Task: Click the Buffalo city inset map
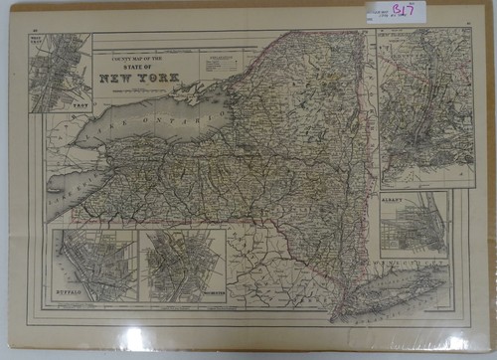tap(93, 264)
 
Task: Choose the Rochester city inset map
tap(181, 264)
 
